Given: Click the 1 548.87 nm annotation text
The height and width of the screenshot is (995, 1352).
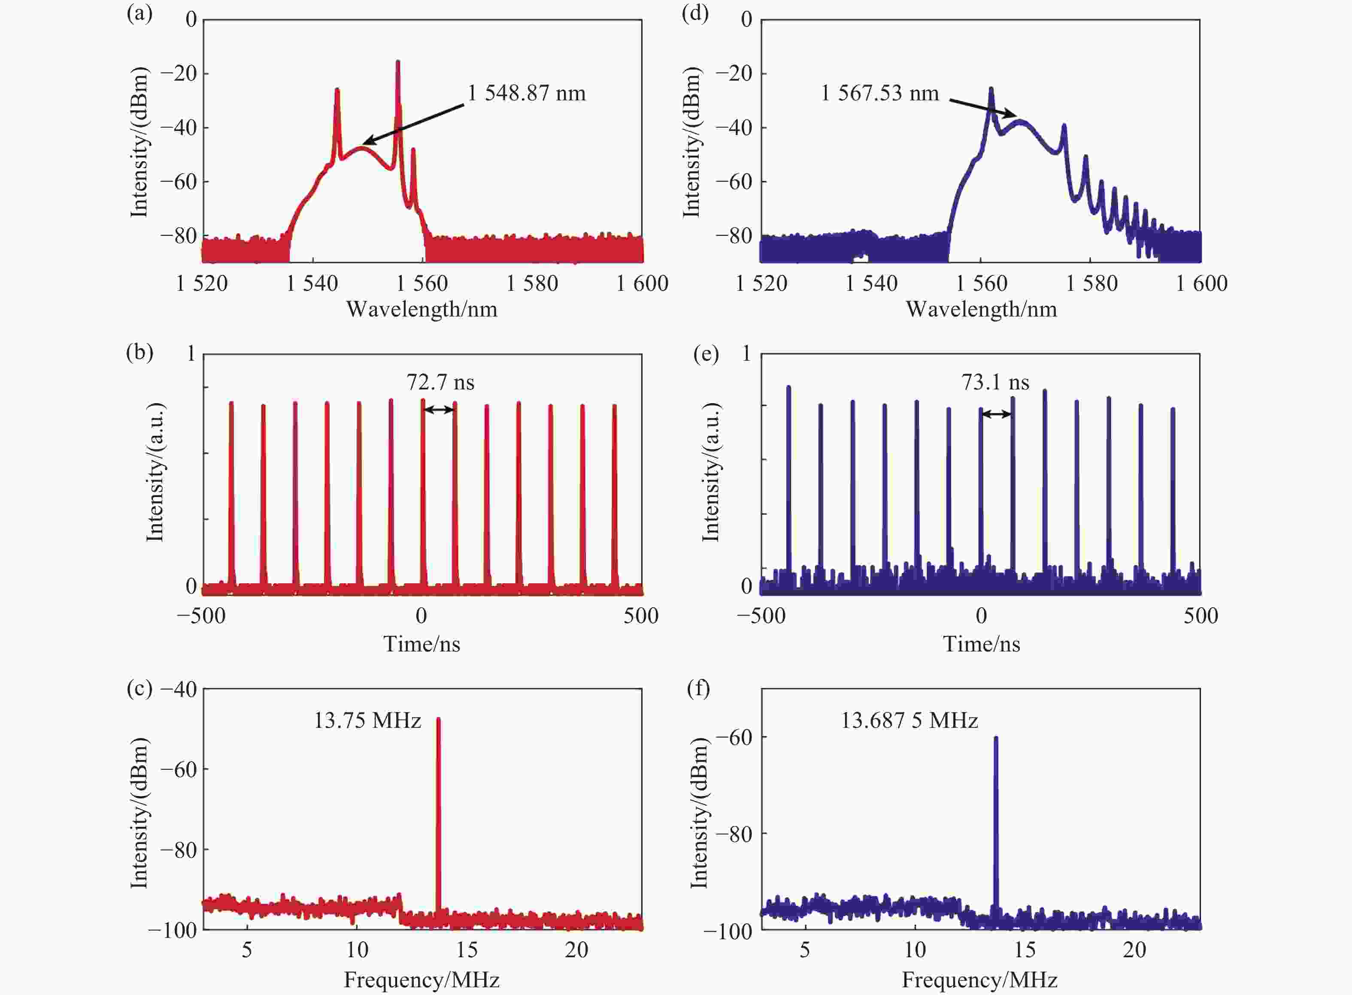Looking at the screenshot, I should [x=526, y=93].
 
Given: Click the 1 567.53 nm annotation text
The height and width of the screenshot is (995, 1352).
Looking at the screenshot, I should [x=880, y=93].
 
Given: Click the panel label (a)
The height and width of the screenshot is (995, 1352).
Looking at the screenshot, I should [x=139, y=13].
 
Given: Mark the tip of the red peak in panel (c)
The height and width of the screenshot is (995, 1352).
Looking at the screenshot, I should [x=438, y=719].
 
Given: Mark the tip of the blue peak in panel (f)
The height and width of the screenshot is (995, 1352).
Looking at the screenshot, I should [x=996, y=738].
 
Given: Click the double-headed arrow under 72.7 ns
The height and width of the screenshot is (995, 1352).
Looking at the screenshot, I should [x=439, y=410].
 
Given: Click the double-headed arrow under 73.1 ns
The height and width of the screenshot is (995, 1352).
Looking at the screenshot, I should [x=996, y=414].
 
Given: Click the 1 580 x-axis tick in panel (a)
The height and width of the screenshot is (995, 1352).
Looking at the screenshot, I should [x=532, y=283].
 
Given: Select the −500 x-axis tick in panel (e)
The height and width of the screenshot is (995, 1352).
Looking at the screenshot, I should [x=761, y=615].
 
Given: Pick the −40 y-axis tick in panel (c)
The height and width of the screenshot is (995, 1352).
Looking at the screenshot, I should [x=179, y=689].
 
